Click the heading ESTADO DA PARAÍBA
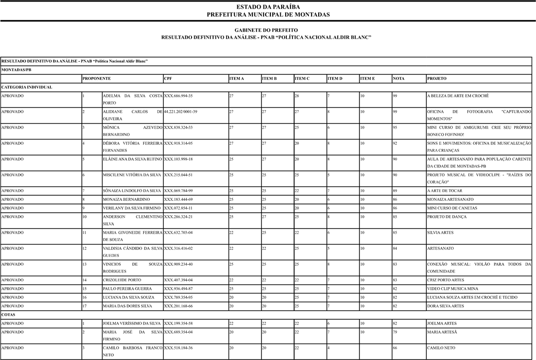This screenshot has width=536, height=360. (268, 7)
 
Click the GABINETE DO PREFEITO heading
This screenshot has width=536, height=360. (268, 30)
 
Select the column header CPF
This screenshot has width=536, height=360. (168, 78)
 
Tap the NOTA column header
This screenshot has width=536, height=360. (399, 78)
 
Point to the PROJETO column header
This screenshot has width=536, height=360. (437, 78)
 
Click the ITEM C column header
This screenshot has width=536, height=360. (302, 78)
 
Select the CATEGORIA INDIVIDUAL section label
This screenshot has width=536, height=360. (27, 87)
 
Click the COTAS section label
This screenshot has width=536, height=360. (9, 314)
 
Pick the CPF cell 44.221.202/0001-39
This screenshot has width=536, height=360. (181, 112)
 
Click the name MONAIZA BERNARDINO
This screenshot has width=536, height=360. (126, 199)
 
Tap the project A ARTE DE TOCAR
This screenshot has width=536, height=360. (441, 191)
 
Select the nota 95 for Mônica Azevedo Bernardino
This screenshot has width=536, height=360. (395, 127)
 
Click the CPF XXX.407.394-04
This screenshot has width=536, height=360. (178, 280)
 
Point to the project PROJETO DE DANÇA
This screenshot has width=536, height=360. (447, 217)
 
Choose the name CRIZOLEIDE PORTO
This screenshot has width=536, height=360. (122, 280)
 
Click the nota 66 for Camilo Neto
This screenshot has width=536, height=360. (395, 348)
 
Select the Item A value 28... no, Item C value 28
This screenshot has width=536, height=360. (297, 96)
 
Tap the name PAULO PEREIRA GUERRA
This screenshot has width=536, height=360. (127, 288)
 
